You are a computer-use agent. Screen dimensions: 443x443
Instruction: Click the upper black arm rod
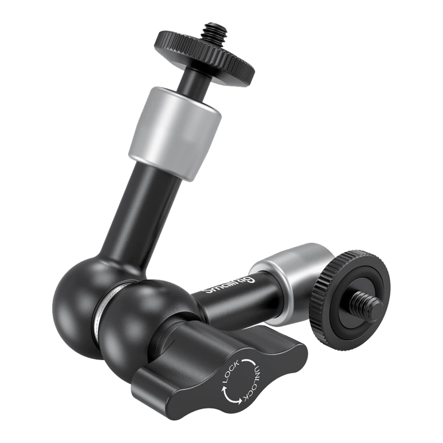click(141, 215)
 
